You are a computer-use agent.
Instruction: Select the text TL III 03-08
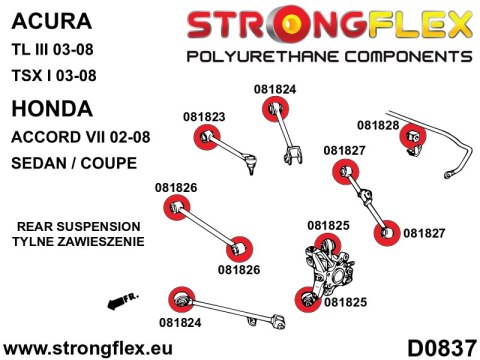58,49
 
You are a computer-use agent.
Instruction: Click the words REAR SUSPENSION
79,227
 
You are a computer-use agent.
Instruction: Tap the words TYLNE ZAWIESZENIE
79,242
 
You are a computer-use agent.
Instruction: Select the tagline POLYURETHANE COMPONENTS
329,54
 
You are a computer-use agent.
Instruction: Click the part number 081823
204,116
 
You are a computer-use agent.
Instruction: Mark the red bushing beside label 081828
410,139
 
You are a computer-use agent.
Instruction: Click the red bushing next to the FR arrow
181,297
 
